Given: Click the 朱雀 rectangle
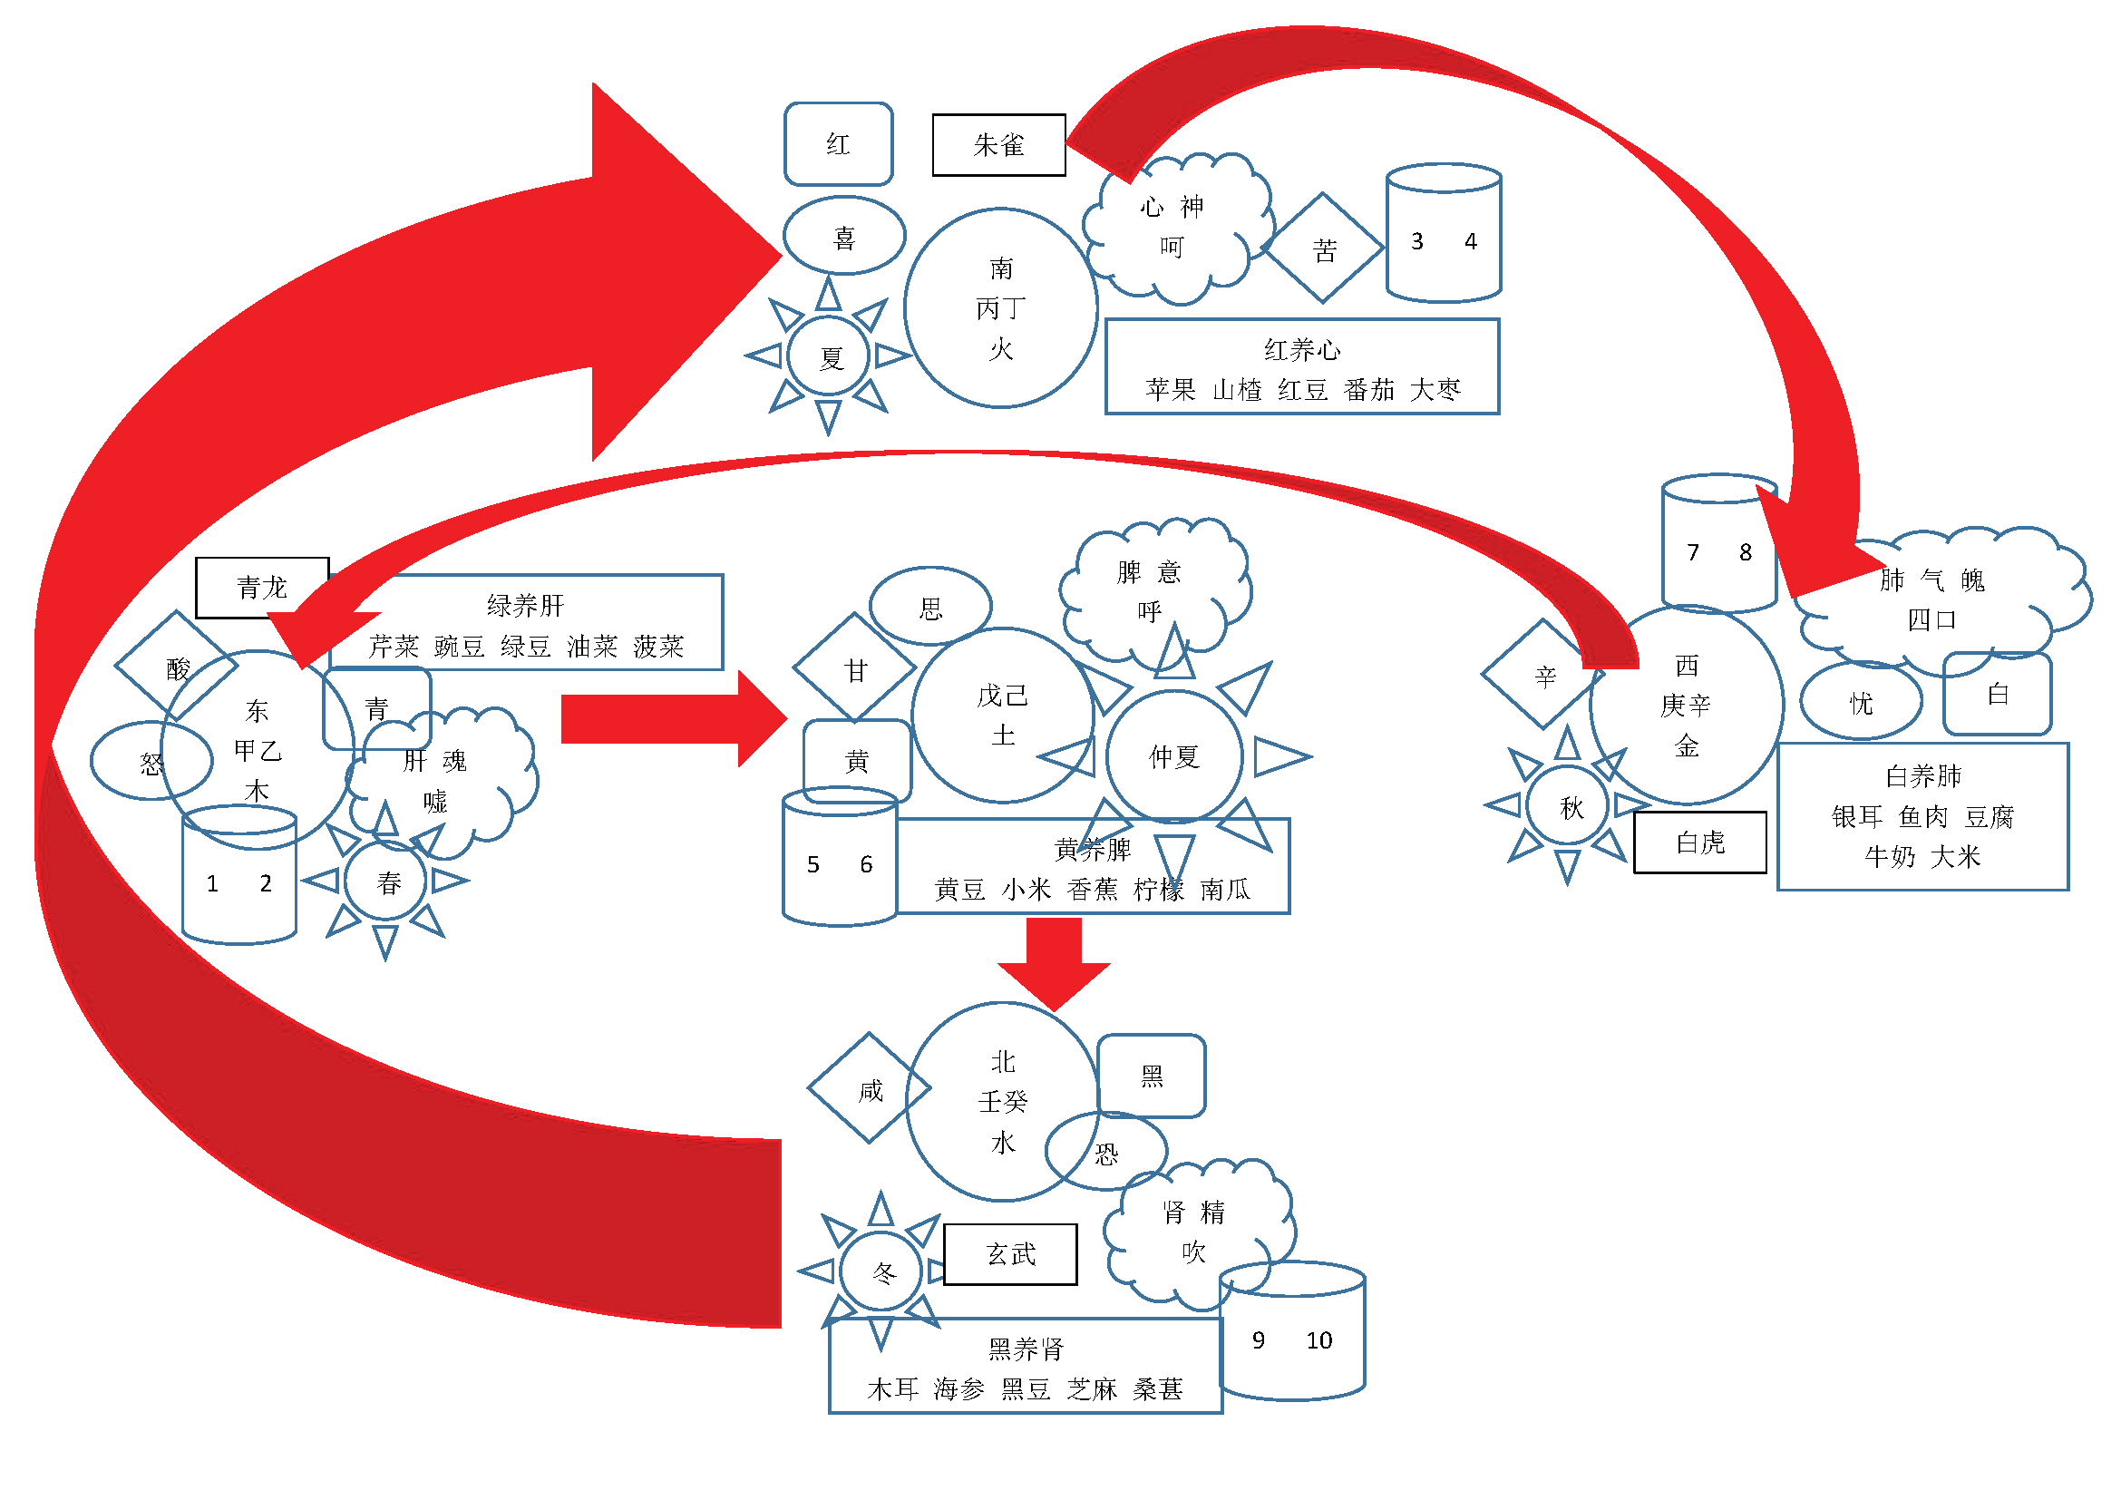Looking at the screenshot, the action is tap(998, 145).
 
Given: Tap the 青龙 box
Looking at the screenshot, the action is tap(262, 588).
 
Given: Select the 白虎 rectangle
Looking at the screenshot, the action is tap(1699, 843).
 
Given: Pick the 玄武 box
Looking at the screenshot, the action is tap(1010, 1254).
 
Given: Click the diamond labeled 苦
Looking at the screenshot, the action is tap(1323, 248).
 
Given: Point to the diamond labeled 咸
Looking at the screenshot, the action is tap(870, 1088).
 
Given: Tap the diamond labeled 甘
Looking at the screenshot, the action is tap(854, 667).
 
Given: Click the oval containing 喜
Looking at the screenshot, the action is tap(844, 236).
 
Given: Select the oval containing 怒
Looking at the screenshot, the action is tap(151, 761).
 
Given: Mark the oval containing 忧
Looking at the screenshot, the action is tap(1862, 701).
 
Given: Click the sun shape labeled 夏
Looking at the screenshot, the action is tap(829, 356).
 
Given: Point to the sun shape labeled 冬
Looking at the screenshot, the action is tap(881, 1271).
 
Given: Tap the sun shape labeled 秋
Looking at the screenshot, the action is tap(1568, 805).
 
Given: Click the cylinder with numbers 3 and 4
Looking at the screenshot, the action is tap(1444, 233).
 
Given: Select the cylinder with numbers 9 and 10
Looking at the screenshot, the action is tap(1292, 1331).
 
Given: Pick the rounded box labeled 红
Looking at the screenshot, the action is tap(839, 144).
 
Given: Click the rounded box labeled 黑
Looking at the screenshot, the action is tap(1152, 1076).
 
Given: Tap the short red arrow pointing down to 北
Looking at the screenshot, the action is tap(1054, 964).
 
